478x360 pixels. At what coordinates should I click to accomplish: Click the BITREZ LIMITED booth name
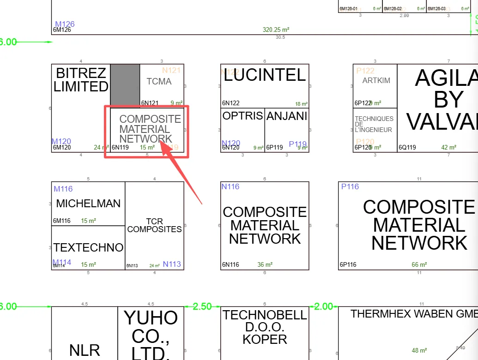click(x=81, y=80)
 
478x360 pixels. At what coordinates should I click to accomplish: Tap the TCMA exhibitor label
click(x=159, y=82)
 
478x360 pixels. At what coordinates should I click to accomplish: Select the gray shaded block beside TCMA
click(x=125, y=85)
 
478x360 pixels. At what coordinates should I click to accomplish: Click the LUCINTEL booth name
click(x=265, y=75)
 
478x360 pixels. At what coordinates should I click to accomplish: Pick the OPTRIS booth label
click(x=242, y=116)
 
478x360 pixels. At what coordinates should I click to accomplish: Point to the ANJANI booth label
click(x=287, y=116)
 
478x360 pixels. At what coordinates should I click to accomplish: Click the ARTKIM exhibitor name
click(x=376, y=80)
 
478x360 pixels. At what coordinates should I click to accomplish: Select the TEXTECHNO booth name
click(x=88, y=247)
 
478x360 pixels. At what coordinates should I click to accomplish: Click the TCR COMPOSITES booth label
click(x=154, y=225)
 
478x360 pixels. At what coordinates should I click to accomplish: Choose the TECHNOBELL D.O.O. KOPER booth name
click(x=265, y=327)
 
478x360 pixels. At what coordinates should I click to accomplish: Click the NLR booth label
click(x=85, y=350)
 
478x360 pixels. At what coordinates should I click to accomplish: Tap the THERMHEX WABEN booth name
click(x=414, y=314)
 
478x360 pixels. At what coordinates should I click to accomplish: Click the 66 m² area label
click(x=419, y=265)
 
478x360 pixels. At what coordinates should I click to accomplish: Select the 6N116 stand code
click(x=231, y=265)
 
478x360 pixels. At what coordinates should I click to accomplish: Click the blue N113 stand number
click(x=172, y=264)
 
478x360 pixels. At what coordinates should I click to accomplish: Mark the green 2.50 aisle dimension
click(x=202, y=306)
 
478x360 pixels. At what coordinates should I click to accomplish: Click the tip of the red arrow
click(x=160, y=141)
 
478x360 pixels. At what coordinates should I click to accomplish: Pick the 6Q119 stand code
click(x=407, y=148)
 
